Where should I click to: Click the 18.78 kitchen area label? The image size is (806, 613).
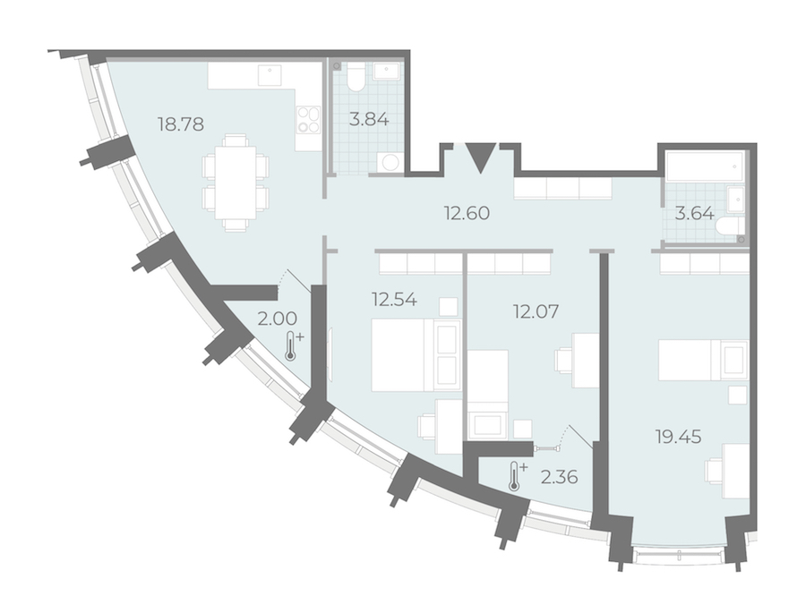point(181,124)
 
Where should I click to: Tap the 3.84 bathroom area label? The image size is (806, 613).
point(369,120)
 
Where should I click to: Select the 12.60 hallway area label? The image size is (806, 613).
point(467,213)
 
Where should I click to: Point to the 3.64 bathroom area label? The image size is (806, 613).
point(694,213)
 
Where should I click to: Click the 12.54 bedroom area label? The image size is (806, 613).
point(395,299)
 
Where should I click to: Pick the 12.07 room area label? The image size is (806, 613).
point(536,311)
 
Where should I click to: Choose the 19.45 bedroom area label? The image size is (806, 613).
point(679,438)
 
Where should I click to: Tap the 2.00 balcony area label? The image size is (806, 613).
point(277,319)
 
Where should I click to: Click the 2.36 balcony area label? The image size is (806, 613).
point(559,477)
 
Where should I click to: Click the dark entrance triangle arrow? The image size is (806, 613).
point(481,157)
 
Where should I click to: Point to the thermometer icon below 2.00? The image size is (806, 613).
point(293,345)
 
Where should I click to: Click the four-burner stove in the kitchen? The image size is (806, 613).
point(308,120)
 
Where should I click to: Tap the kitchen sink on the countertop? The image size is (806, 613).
point(270,75)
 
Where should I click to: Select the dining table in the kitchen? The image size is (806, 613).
point(236,183)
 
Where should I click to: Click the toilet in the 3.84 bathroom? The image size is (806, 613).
point(356,77)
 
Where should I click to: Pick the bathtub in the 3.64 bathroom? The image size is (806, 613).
point(704,166)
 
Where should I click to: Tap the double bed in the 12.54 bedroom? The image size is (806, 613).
point(416,355)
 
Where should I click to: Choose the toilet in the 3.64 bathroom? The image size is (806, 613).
point(730,226)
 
